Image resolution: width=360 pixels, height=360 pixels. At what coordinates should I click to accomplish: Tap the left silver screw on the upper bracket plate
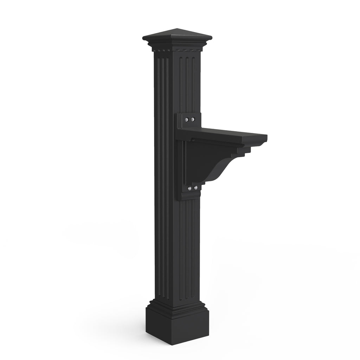[x=187, y=120]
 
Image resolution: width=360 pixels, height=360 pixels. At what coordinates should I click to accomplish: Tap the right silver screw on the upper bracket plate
[x=193, y=120]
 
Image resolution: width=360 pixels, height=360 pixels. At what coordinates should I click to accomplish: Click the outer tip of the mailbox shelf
[x=266, y=137]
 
